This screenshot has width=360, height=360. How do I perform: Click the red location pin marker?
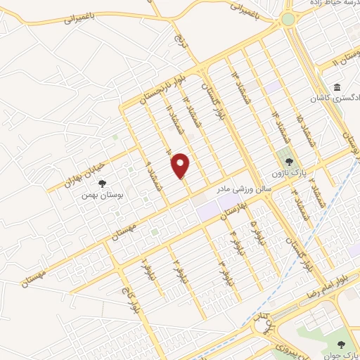[x=181, y=165]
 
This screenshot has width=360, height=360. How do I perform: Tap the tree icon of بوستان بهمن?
[x=103, y=184]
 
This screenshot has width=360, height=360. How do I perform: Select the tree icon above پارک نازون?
[x=284, y=161]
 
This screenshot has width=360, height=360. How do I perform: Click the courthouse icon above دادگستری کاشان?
[x=337, y=88]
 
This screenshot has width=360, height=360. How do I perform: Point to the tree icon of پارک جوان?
[x=342, y=344]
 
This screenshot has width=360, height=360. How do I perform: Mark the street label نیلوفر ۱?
[x=146, y=268]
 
